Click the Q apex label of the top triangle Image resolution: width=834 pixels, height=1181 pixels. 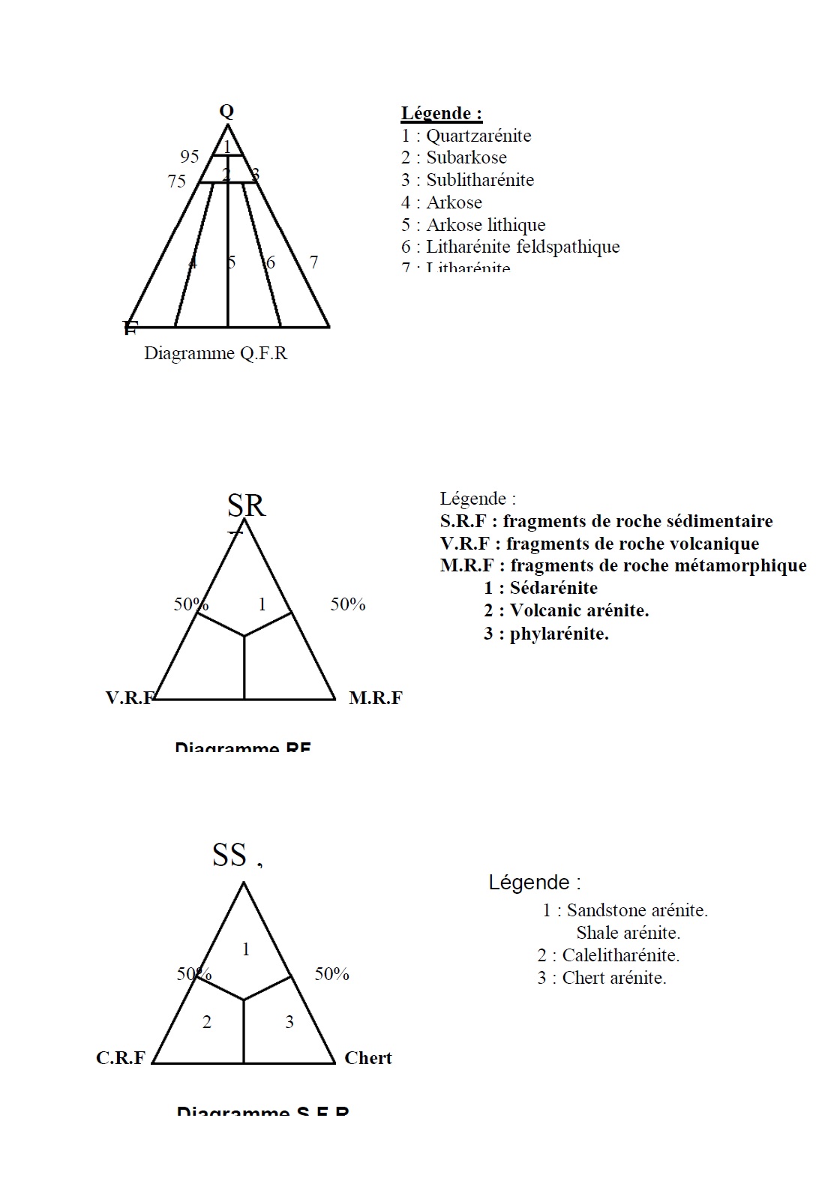click(x=226, y=112)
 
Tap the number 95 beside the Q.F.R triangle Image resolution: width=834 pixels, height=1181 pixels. click(x=190, y=157)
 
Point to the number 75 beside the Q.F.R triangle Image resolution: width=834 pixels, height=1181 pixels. click(x=177, y=181)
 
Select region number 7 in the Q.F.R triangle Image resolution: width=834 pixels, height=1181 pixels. click(x=313, y=262)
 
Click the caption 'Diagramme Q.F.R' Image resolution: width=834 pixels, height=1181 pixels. click(x=215, y=353)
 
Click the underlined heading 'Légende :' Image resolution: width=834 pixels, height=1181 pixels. click(x=441, y=113)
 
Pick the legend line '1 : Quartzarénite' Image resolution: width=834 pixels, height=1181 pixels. click(x=466, y=136)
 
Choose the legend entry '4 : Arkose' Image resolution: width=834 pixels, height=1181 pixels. click(x=441, y=202)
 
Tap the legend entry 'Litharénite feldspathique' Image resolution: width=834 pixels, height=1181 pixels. click(x=522, y=247)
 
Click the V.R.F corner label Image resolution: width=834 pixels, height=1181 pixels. click(x=130, y=698)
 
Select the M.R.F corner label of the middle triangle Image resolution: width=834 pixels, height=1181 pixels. click(x=375, y=698)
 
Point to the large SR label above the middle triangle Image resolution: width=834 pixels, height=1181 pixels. click(x=246, y=506)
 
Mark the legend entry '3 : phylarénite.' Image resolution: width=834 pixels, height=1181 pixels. click(x=545, y=634)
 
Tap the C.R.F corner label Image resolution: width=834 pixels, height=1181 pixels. click(x=121, y=1058)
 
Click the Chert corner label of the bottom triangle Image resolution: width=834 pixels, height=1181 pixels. click(x=367, y=1058)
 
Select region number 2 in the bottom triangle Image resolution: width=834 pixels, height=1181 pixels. click(x=207, y=1022)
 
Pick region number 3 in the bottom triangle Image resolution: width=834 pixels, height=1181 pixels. click(x=289, y=1022)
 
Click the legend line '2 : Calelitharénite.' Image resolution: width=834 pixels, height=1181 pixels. click(x=608, y=955)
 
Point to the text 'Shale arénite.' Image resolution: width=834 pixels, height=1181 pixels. click(x=628, y=933)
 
